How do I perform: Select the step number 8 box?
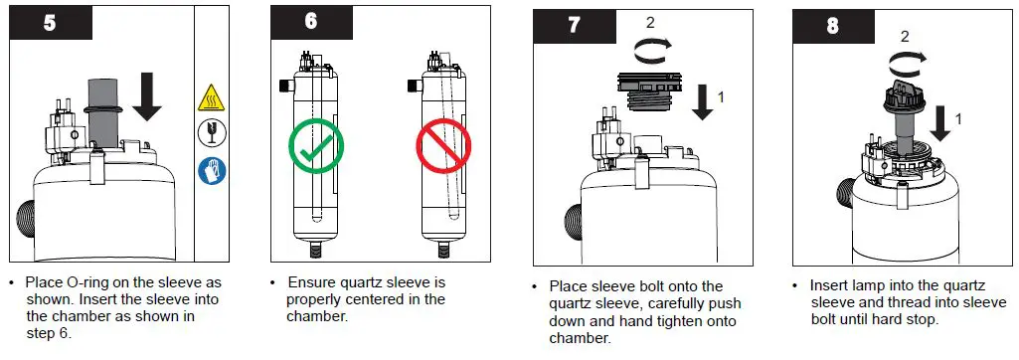tap(833, 26)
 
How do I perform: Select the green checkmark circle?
tap(317, 146)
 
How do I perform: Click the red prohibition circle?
tap(443, 146)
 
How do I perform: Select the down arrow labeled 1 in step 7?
tap(703, 100)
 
